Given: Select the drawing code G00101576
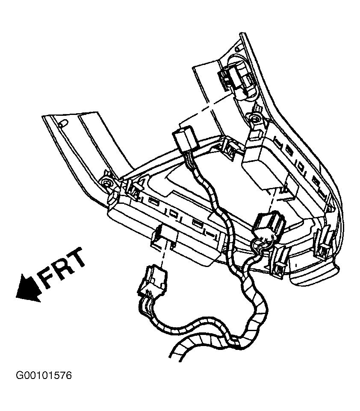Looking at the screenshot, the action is (44, 376).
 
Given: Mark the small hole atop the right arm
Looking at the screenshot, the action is (238, 49).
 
